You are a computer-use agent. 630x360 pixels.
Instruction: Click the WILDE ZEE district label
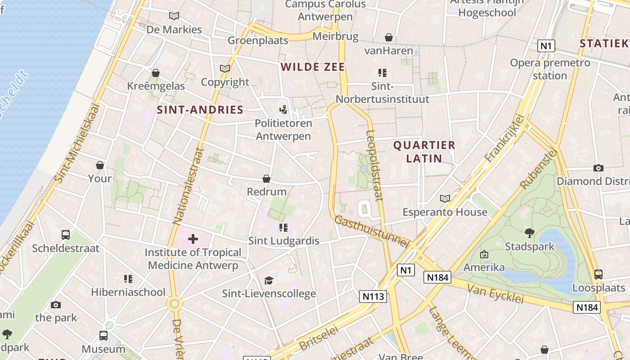click(x=313, y=67)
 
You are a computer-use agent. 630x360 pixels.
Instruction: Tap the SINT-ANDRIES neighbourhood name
click(x=200, y=110)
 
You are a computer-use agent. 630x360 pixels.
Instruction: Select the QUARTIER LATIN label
click(x=424, y=152)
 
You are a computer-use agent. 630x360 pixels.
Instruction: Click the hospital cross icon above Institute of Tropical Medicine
click(x=193, y=239)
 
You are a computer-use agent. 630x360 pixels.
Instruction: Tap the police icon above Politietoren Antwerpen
click(x=283, y=109)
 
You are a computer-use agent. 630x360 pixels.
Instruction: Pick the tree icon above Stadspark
click(x=530, y=233)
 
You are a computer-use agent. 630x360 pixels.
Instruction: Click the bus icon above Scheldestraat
click(x=66, y=235)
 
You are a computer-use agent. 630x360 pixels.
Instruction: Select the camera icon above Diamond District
click(x=598, y=168)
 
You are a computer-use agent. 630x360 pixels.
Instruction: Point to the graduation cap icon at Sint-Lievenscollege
click(x=269, y=280)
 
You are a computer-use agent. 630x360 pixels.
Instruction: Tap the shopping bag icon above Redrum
click(x=266, y=179)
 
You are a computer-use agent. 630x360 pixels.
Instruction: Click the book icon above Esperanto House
click(x=445, y=198)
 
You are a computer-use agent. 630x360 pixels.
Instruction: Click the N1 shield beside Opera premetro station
click(x=546, y=45)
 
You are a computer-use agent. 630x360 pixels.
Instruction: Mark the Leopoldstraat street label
click(x=374, y=165)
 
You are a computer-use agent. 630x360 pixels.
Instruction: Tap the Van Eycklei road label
click(x=495, y=293)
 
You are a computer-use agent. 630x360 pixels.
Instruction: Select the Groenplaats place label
click(x=258, y=40)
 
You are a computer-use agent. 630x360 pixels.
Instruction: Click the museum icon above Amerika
click(x=484, y=254)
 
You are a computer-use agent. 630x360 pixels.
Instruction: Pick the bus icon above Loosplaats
click(x=598, y=274)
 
